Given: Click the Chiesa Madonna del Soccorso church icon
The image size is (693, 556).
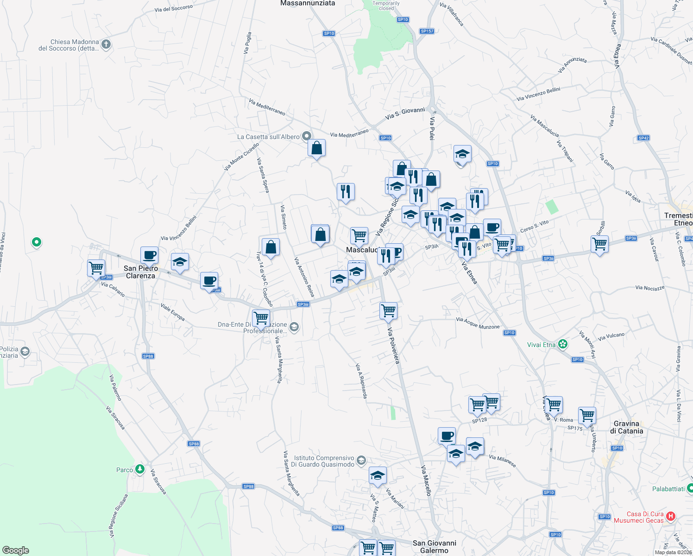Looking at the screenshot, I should click(x=106, y=44).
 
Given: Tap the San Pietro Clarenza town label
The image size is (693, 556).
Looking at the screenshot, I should click(x=141, y=272).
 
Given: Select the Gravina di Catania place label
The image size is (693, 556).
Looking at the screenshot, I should click(x=626, y=427).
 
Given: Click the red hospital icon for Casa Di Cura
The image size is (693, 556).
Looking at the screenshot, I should click(x=671, y=516).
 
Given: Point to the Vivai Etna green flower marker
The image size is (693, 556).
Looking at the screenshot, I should click(x=562, y=344).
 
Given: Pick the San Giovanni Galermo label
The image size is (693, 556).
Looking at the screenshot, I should click(x=434, y=547).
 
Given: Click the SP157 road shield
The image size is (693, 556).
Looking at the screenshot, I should click(x=427, y=31).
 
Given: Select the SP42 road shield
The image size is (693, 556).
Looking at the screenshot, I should click(x=643, y=138).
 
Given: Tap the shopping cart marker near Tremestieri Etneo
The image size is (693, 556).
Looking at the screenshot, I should click(x=599, y=244).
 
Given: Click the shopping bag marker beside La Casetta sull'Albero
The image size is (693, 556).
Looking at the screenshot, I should click(x=317, y=148).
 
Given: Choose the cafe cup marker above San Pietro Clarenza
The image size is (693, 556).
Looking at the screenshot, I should click(x=149, y=255).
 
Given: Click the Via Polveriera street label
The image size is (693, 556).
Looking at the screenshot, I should click(x=393, y=346).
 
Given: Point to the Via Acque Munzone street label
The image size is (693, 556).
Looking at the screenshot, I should click(x=478, y=323).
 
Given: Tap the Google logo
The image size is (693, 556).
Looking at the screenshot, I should click(x=15, y=550).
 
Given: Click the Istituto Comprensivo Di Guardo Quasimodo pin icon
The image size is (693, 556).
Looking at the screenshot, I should click(x=361, y=461).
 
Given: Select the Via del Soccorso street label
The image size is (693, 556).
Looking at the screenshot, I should click(x=174, y=9).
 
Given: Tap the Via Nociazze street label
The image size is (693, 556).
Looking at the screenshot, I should click(x=650, y=288).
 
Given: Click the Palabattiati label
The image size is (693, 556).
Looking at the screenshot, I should click(x=668, y=489).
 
